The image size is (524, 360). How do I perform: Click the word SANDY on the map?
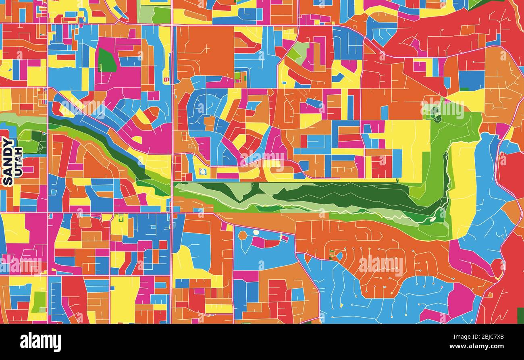point(7,161)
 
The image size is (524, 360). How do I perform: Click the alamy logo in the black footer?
point(40,342)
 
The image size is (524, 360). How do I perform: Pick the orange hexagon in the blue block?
point(242,235)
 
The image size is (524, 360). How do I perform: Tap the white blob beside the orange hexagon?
point(256,232)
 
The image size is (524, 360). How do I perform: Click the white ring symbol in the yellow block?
point(203,172)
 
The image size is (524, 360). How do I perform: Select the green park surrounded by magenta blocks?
point(106,60)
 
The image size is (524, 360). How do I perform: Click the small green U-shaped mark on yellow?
point(120,219)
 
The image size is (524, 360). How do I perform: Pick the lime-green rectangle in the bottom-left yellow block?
point(39,302)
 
